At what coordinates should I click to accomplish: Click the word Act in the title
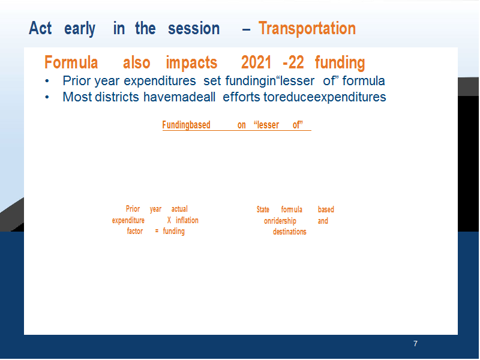40,28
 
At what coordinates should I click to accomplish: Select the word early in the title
80,29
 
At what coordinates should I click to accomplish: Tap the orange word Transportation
307,28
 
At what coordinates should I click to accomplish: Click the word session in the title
194,29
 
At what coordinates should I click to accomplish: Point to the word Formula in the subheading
71,62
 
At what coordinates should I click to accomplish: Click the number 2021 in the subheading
256,62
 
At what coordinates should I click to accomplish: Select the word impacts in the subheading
191,63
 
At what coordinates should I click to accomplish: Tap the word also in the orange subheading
137,62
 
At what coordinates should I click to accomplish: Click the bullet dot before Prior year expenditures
47,82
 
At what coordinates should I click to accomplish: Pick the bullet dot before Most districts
47,97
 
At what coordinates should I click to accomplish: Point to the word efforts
242,97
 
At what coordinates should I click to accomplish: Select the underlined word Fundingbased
186,125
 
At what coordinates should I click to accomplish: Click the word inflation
187,220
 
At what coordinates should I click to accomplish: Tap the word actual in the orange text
179,209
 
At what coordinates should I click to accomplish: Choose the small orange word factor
135,231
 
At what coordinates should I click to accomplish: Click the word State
263,209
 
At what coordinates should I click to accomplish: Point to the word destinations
290,232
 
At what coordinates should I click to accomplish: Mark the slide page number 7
415,343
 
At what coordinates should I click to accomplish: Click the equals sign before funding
157,231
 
